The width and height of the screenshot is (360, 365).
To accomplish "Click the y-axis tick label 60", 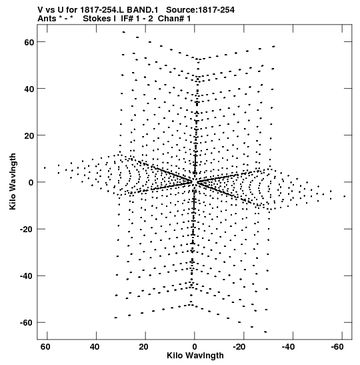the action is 29,42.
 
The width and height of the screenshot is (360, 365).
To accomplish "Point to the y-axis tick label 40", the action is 29,89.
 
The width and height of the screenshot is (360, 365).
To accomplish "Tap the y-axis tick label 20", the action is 29,135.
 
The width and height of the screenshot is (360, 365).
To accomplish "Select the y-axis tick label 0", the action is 31,183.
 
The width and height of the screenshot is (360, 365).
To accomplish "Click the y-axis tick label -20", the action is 27,230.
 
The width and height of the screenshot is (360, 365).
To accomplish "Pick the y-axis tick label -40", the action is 27,276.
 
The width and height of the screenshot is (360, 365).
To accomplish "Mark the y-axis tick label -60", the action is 27,323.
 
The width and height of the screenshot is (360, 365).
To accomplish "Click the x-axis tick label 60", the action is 45,347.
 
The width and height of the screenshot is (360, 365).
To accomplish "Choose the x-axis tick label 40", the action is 95,347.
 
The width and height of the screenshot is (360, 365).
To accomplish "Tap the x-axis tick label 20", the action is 143,347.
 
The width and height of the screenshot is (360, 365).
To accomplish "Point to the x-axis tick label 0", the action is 195,347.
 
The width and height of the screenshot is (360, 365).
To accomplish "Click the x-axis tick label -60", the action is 337,347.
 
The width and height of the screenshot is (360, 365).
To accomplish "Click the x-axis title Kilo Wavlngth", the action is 195,356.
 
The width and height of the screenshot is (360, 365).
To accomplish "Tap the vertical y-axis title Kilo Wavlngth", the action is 13,181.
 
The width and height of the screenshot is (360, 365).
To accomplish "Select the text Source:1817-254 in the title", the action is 200,10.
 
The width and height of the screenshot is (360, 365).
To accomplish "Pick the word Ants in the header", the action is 47,19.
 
